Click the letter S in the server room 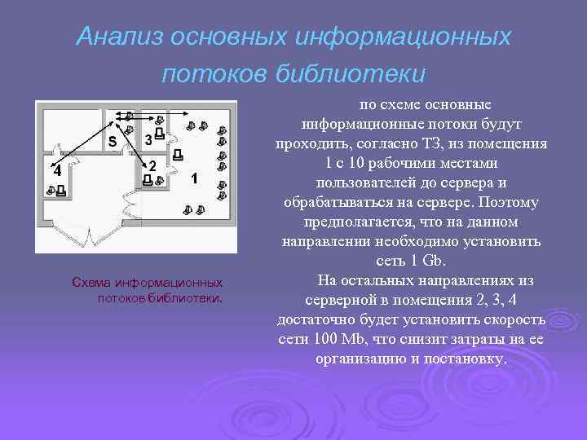tap(113, 140)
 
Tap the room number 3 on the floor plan tap(148, 139)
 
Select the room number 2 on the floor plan tap(152, 166)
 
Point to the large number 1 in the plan tap(193, 177)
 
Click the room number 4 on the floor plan tap(56, 171)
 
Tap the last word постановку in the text tap(466, 359)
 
